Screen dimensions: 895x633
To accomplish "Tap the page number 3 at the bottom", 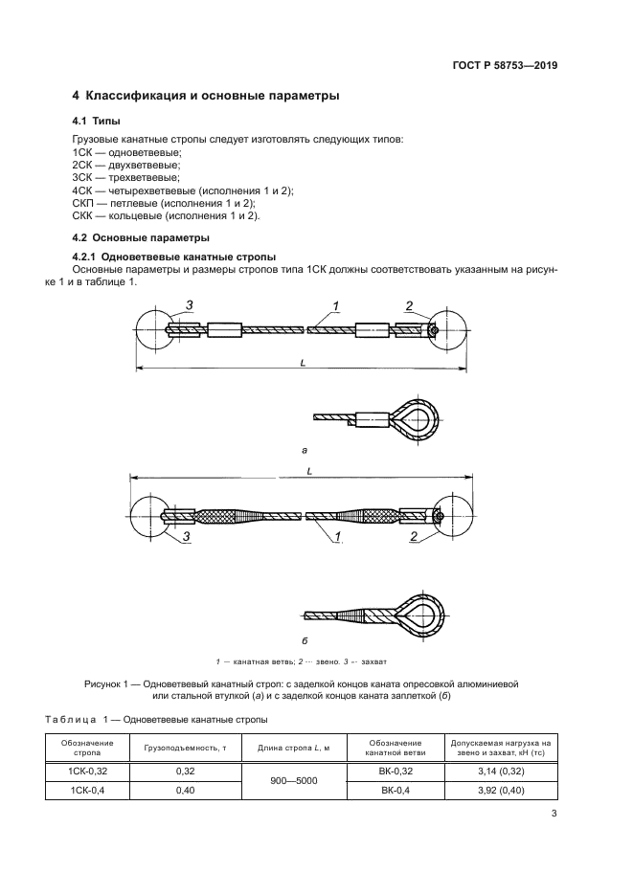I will pyautogui.click(x=554, y=815).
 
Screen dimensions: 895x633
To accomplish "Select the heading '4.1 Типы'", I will pyautogui.click(x=96, y=123).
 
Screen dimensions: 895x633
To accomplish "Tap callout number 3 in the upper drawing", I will pyautogui.click(x=190, y=305).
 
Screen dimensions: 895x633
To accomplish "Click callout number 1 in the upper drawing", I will pyautogui.click(x=336, y=305).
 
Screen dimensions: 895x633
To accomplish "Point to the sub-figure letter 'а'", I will pyautogui.click(x=304, y=447).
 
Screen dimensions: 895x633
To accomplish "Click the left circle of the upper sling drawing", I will pyautogui.click(x=152, y=330).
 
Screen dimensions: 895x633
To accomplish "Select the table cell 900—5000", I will pyautogui.click(x=293, y=780).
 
